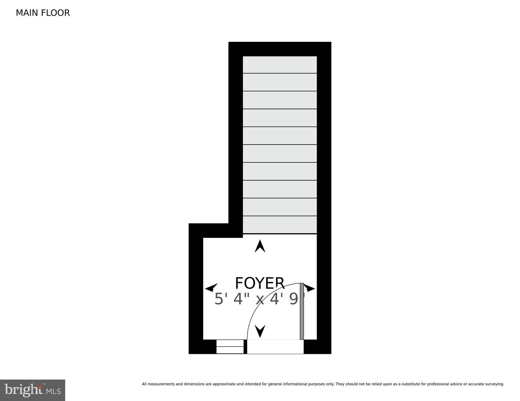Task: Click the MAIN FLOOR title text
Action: click(43, 13)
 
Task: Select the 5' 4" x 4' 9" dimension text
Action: click(260, 299)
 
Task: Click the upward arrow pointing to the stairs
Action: click(260, 246)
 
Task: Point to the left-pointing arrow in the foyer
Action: click(211, 288)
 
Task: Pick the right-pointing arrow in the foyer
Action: click(309, 288)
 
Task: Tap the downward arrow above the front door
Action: click(260, 331)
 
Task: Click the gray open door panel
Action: click(302, 311)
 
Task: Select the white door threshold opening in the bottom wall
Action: click(275, 347)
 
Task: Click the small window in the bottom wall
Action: click(230, 347)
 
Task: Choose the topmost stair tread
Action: click(280, 65)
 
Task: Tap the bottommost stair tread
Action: click(280, 225)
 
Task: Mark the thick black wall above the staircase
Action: click(280, 49)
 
